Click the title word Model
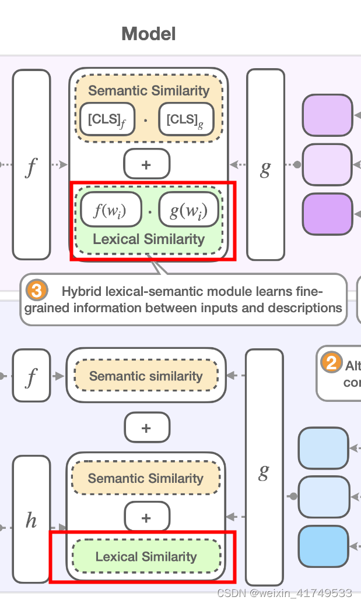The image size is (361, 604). coord(148,34)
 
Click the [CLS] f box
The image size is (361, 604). coord(107,119)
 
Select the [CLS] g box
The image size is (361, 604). coord(185,119)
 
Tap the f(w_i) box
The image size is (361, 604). coord(111,210)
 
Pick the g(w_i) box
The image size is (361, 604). coord(188,210)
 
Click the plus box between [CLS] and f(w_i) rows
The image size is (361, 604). coord(146,164)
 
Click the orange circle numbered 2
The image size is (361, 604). coord(331,364)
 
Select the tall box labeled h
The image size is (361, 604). coord(31,519)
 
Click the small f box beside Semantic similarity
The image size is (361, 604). coord(31,376)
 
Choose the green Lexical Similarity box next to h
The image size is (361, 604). coord(146,557)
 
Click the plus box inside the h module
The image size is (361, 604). coord(146,517)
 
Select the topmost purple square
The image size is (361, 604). coord(327,115)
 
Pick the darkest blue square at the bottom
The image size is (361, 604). coord(323,546)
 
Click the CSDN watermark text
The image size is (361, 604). coord(284,593)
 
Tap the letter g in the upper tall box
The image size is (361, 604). coord(265,168)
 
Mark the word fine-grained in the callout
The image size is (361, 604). coord(57,308)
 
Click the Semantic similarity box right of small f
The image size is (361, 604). coord(146,376)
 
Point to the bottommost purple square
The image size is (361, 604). coord(327,214)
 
